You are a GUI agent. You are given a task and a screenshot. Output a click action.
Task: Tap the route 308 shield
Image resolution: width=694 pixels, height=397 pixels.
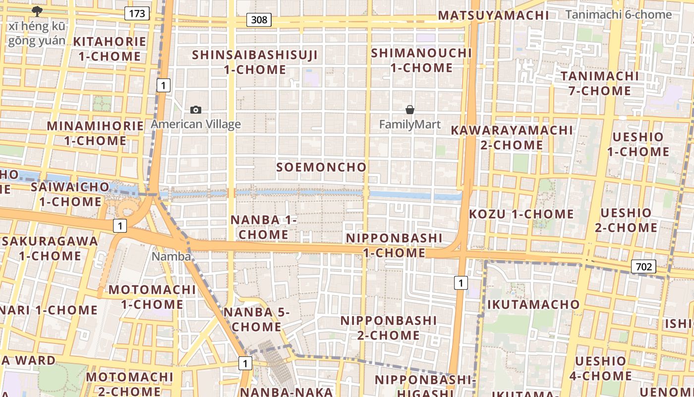(259, 20)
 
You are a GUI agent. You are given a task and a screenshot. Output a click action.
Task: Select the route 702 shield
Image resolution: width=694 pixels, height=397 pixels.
(643, 266)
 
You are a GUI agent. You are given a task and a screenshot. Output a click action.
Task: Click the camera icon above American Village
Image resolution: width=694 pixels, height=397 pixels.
(196, 110)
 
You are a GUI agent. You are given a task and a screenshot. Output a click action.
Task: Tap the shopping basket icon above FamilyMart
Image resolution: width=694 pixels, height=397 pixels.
(410, 110)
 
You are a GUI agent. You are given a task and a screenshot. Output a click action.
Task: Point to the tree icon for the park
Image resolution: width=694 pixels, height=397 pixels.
(37, 11)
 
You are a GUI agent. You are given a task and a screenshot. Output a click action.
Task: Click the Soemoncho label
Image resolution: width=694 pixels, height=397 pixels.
(321, 167)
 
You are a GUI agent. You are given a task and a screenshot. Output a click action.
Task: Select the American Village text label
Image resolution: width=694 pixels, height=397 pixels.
(196, 124)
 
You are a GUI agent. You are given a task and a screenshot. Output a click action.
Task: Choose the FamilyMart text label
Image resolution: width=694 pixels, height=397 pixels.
(410, 124)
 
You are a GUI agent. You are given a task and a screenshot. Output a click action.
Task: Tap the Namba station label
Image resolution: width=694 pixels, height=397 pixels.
(171, 256)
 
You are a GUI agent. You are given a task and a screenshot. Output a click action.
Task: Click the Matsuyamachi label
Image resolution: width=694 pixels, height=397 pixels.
(493, 15)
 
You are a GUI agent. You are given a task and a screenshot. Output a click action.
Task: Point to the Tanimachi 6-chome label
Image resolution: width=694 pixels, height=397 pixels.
(618, 14)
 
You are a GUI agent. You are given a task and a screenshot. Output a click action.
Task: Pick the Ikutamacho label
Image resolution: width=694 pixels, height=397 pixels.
(533, 304)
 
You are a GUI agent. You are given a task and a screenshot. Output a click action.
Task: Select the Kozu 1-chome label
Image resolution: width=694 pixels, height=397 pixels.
(521, 214)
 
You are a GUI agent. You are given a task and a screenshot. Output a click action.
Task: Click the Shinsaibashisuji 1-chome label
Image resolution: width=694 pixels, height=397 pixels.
(255, 62)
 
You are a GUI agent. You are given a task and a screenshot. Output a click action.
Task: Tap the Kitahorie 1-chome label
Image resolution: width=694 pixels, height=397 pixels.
(110, 49)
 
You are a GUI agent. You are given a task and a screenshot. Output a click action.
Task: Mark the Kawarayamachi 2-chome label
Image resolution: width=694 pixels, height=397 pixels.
(512, 137)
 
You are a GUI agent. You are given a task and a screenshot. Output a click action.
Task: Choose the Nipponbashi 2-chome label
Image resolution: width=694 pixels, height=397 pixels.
(389, 328)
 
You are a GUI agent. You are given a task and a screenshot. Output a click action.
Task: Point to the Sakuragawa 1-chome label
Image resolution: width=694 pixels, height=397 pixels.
(50, 248)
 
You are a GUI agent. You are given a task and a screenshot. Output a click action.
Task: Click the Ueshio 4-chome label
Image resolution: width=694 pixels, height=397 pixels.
(600, 368)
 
